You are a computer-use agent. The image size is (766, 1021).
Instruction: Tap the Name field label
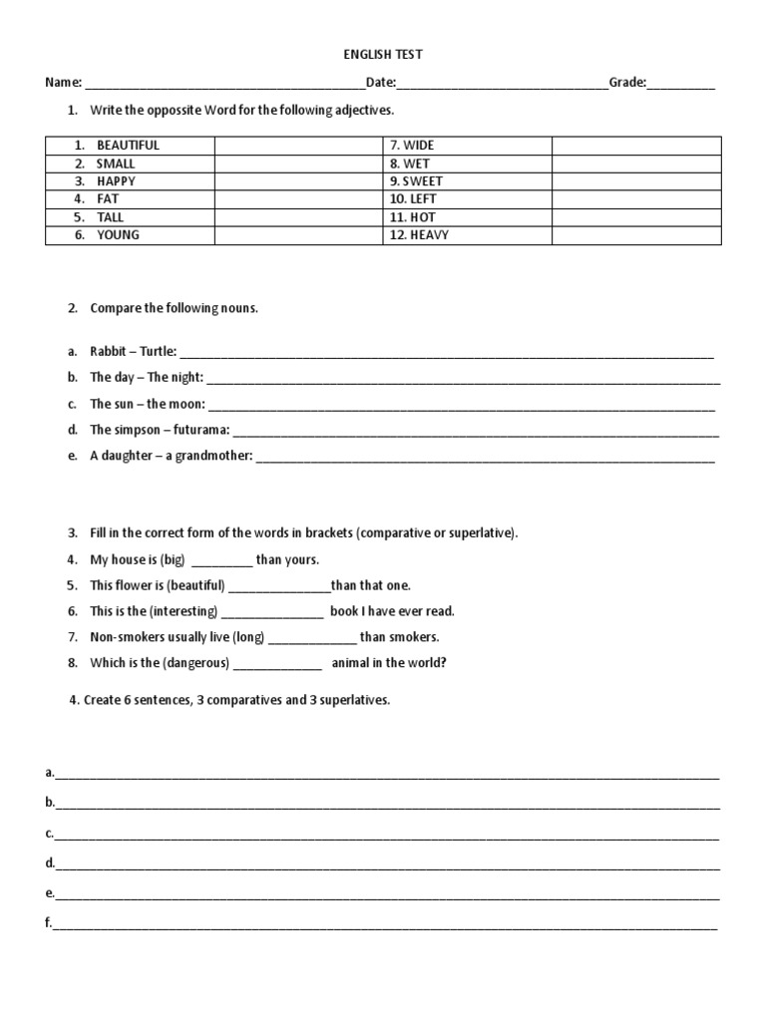point(62,83)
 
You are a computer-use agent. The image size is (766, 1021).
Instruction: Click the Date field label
point(381,83)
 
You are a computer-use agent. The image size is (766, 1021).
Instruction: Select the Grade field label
point(627,83)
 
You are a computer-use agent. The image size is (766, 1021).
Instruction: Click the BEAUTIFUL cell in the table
point(128,146)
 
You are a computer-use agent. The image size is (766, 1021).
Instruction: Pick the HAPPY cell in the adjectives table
point(116,181)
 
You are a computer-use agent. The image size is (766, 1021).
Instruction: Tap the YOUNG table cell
point(118,235)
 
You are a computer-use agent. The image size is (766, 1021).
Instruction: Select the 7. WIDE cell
point(412,146)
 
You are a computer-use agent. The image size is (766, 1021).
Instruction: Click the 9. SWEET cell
point(416,181)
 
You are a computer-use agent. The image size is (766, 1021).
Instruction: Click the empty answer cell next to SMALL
point(298,164)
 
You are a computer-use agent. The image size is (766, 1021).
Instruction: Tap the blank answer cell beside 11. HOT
point(635,217)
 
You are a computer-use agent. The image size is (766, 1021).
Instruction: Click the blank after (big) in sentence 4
point(220,560)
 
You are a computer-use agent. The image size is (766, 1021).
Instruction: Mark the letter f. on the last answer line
point(48,923)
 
